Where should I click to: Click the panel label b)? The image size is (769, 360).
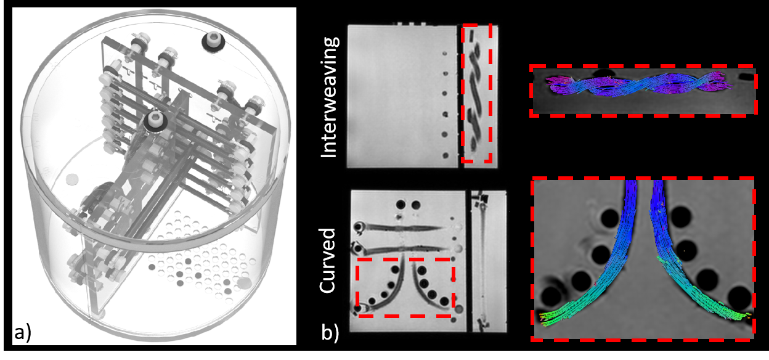point(330,333)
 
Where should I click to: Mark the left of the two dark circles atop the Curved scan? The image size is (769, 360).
point(401,204)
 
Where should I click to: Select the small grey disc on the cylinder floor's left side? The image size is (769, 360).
point(73,179)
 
